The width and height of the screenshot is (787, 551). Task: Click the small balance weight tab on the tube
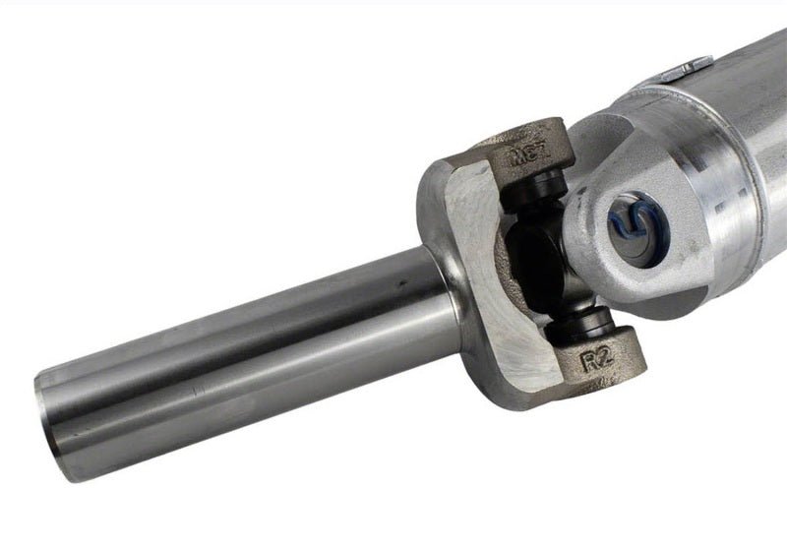click(679, 70)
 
